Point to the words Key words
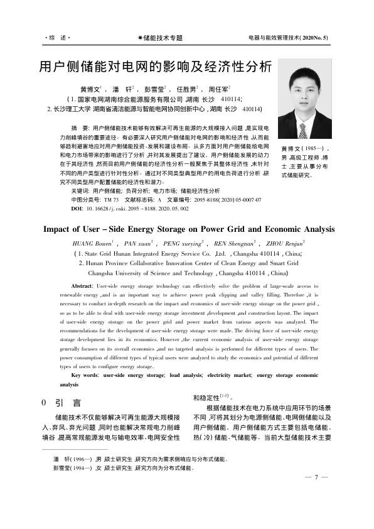pyautogui.click(x=85, y=375)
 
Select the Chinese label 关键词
pyautogui.click(x=80, y=189)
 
